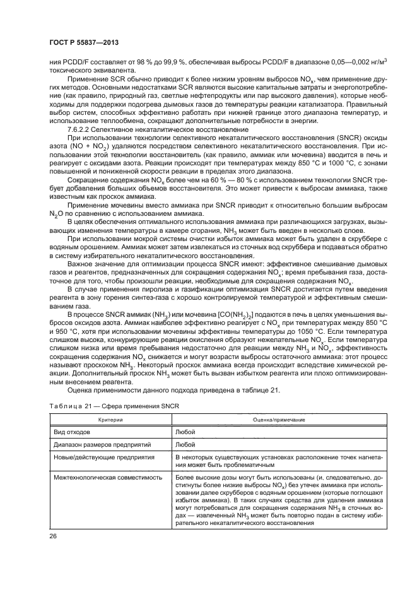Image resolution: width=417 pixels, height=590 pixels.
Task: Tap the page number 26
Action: pyautogui.click(x=52, y=536)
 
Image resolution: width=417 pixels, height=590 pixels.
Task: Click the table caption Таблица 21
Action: pyautogui.click(x=69, y=406)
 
